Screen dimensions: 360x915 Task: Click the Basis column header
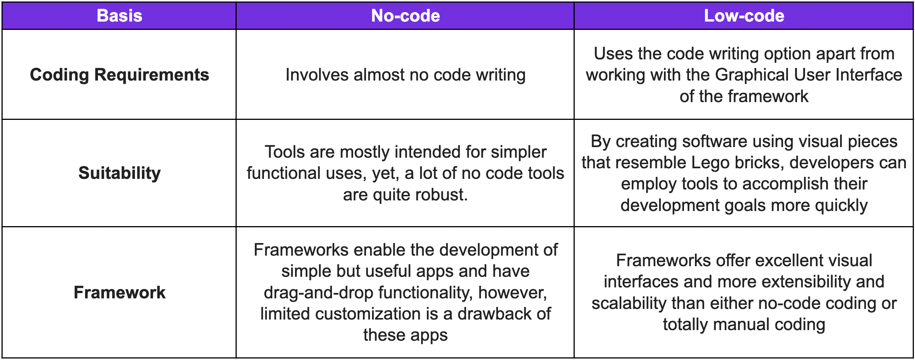[x=119, y=16]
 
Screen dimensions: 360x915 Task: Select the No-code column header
[x=405, y=16]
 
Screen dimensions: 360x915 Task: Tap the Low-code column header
[x=744, y=16]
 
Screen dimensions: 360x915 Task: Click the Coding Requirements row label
[x=119, y=75]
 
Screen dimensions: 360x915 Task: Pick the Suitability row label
[x=119, y=173]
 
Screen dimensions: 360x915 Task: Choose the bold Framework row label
[x=119, y=293]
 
